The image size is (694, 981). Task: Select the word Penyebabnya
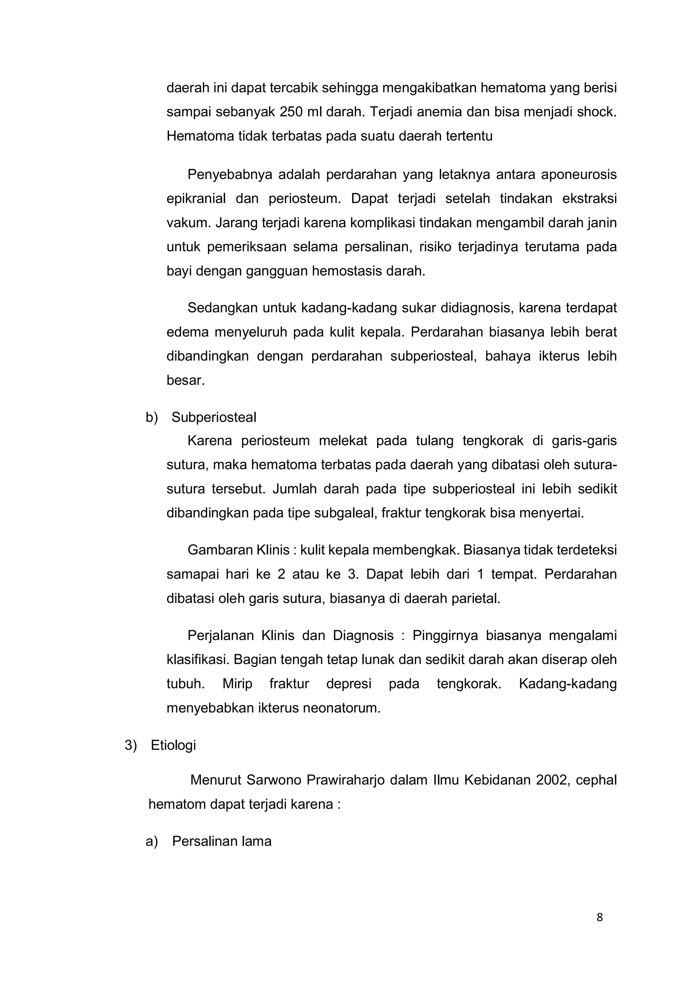(229, 175)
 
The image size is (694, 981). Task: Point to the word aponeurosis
(579, 175)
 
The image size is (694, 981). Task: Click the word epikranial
(196, 199)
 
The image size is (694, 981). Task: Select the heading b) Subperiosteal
(201, 417)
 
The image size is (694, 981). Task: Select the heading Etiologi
(173, 745)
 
